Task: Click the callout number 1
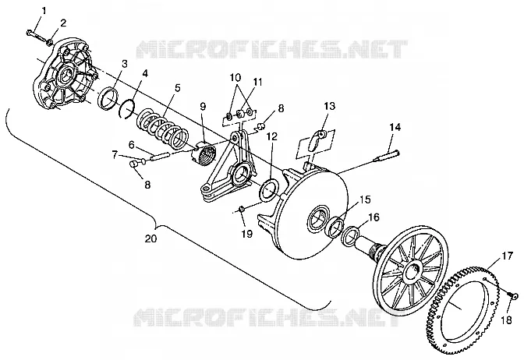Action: tap(44, 11)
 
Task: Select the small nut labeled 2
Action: tap(49, 42)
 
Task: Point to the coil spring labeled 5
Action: tap(164, 129)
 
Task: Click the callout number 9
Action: tap(203, 107)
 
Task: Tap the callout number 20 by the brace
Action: tap(150, 238)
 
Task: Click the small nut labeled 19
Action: tap(241, 210)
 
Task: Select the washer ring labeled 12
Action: tap(268, 189)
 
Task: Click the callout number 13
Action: tap(330, 106)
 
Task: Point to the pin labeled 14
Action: tap(386, 156)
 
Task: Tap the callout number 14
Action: tap(395, 127)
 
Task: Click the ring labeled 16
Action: tap(350, 236)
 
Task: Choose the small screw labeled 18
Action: tap(513, 295)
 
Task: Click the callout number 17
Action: tap(507, 256)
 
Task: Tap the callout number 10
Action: tap(235, 77)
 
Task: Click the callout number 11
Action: tap(257, 82)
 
